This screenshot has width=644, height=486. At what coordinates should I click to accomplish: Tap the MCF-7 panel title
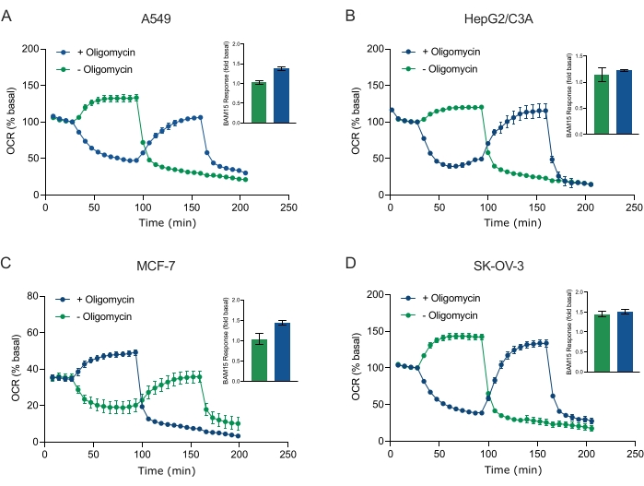coord(167,268)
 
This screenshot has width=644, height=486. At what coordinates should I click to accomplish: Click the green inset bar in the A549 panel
coord(259,102)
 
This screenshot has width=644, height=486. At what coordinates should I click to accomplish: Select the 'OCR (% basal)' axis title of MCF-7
coord(11,368)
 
